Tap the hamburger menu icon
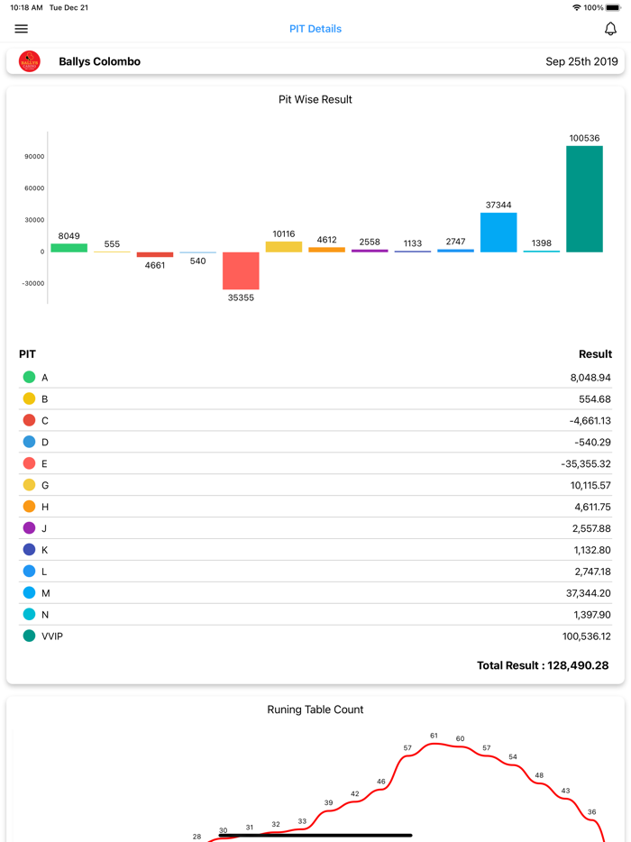coord(22,29)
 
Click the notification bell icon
coord(610,29)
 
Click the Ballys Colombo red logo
coord(30,61)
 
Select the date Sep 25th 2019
coord(581,62)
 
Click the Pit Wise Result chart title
coord(315,99)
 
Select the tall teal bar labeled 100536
coord(584,199)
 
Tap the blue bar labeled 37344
coord(498,233)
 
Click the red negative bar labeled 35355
coord(241,270)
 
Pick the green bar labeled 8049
coord(69,248)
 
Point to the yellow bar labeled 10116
coord(284,247)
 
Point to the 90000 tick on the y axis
coord(34,157)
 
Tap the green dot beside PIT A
coord(29,378)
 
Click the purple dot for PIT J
coord(29,528)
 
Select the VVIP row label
coord(52,636)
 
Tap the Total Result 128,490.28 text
coord(543,665)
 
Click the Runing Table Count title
coord(315,709)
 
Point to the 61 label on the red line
coord(434,736)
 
